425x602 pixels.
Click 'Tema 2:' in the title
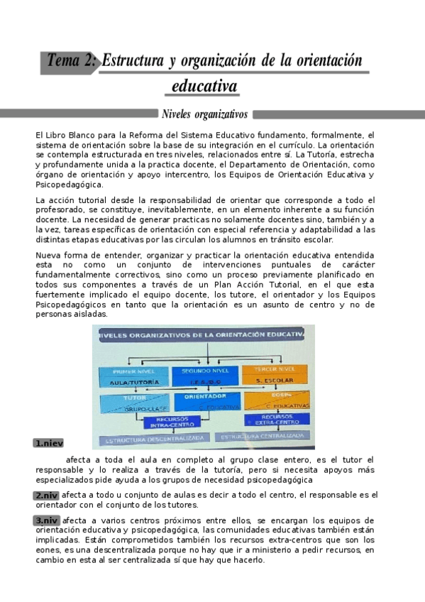click(x=71, y=61)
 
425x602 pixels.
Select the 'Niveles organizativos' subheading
click(x=204, y=114)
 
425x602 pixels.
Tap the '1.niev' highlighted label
click(x=48, y=443)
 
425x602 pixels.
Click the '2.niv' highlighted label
click(x=46, y=496)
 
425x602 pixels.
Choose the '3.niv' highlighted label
click(x=46, y=520)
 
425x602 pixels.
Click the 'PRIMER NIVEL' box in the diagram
click(x=128, y=376)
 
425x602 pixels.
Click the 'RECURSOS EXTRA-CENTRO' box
click(x=275, y=419)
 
